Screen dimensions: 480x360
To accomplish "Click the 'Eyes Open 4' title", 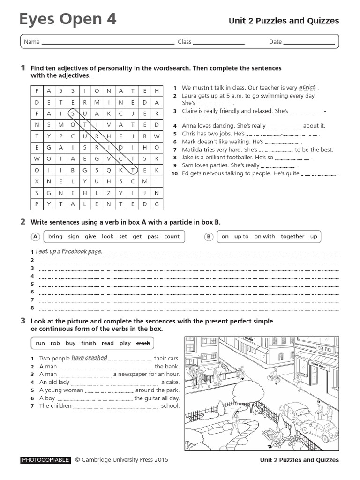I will coord(68,20).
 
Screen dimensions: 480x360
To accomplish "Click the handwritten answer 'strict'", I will coord(307,87).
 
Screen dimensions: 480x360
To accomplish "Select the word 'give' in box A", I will coord(90,237).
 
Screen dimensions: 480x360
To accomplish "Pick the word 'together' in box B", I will coord(292,237).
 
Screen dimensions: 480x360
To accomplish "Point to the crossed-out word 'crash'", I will coord(143,343).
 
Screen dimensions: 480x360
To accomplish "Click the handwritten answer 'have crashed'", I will coord(89,358).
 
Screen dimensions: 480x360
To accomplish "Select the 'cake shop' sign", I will coord(320,365).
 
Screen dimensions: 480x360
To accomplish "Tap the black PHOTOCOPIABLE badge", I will coord(45,460).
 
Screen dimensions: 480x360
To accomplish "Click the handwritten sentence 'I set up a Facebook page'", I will coord(69,252).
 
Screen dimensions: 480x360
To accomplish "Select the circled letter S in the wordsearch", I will coord(73,113).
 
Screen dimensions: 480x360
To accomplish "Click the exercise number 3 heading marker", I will coord(22,321).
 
